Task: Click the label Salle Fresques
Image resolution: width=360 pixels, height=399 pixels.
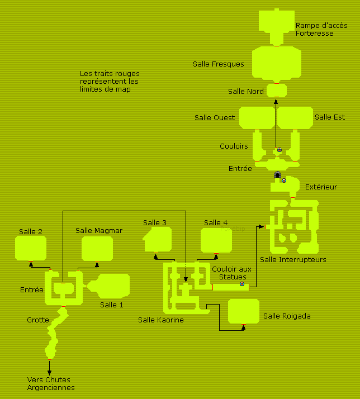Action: [219, 64]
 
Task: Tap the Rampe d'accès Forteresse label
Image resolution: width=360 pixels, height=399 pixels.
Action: [321, 30]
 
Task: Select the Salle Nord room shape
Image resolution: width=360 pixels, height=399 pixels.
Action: [277, 91]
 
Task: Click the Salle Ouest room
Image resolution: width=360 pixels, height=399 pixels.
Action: [257, 117]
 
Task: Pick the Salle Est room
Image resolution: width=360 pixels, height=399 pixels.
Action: [295, 117]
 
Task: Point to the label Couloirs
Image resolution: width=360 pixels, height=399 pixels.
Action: [234, 146]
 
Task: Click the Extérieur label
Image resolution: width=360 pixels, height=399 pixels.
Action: [321, 187]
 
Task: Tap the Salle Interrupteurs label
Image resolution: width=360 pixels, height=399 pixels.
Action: [293, 260]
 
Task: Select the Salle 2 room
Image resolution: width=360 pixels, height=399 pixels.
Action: [31, 248]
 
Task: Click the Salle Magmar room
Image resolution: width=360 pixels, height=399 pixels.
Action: [97, 249]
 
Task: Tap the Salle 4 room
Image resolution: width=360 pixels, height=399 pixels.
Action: [216, 240]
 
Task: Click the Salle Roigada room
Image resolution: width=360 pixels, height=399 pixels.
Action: [244, 311]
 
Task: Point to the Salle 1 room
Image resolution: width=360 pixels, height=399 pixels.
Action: [113, 286]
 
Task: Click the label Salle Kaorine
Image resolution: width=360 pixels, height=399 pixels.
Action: [161, 320]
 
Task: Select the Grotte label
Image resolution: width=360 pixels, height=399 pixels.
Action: [37, 320]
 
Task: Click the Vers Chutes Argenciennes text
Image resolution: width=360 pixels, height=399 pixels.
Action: [51, 384]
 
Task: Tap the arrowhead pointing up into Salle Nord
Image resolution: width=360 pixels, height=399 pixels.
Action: [276, 101]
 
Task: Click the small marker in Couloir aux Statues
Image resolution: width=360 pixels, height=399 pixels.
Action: [242, 284]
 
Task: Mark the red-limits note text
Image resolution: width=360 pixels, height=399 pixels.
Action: [110, 82]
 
